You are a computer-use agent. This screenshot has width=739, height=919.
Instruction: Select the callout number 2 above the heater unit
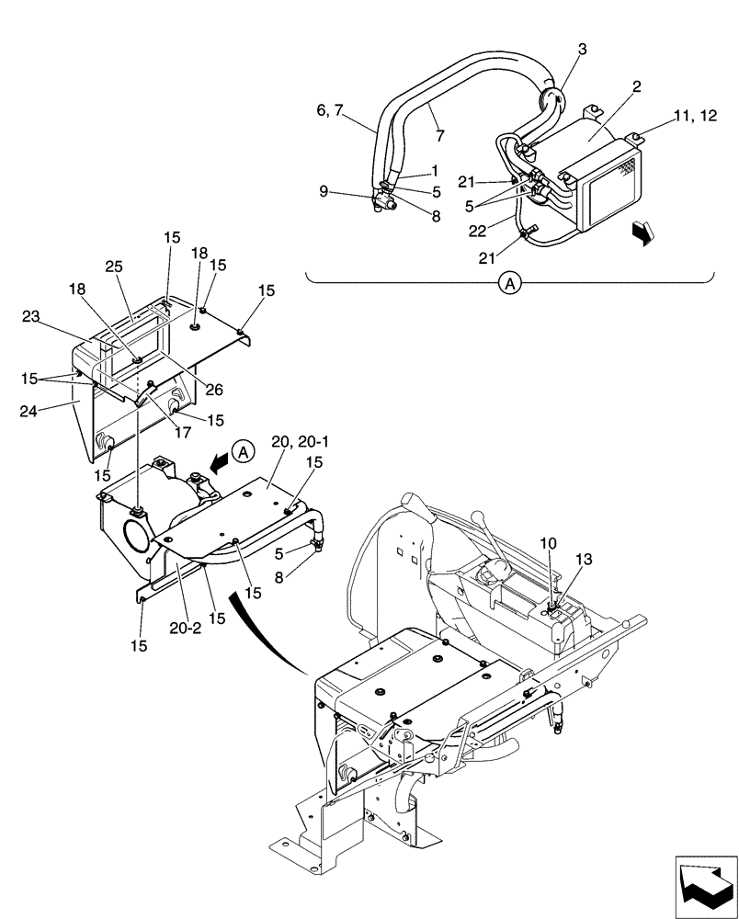[x=636, y=86]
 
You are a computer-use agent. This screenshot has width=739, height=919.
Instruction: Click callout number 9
[x=324, y=192]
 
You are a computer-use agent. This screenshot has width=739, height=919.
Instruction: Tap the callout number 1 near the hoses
[x=435, y=172]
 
